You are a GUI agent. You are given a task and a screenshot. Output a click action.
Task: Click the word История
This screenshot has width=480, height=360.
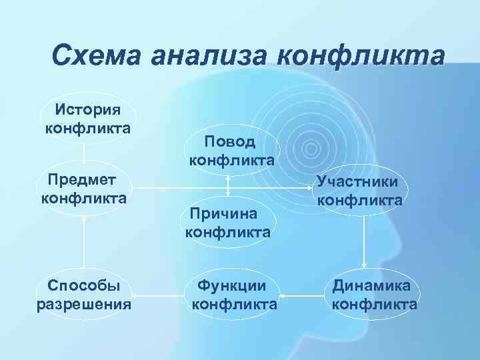(87, 109)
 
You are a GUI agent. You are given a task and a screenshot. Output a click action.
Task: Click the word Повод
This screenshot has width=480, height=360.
(230, 141)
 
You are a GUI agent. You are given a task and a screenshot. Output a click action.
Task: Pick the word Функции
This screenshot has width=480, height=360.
(234, 286)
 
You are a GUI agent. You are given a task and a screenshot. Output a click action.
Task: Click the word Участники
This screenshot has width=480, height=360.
(359, 181)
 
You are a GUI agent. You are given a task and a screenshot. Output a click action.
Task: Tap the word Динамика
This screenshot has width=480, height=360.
(374, 286)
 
